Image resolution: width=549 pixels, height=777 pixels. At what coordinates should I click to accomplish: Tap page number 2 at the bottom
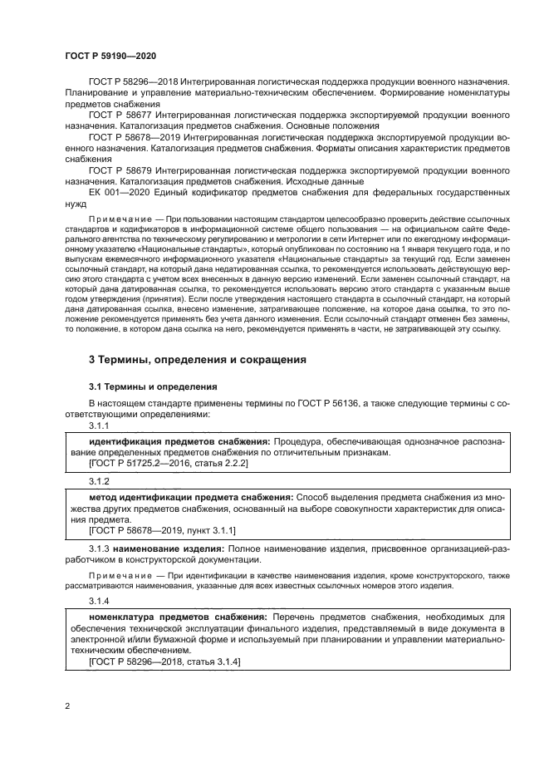coord(66,706)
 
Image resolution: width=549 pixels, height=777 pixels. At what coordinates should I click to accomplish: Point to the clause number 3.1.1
coord(100,425)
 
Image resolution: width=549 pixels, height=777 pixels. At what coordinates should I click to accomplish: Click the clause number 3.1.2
coord(100,482)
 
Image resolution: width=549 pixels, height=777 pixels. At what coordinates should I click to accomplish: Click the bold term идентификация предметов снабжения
coord(179,440)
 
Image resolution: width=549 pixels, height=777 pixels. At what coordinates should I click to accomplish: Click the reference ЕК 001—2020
coord(125,191)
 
